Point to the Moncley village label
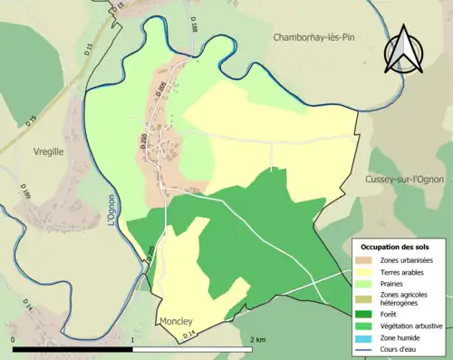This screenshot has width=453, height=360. point(176,321)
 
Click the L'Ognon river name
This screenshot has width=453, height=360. point(111,204)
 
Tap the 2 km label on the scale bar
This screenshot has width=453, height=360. point(258,339)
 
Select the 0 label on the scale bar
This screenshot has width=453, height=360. point(14,339)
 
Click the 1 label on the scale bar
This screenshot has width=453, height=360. point(133,339)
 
